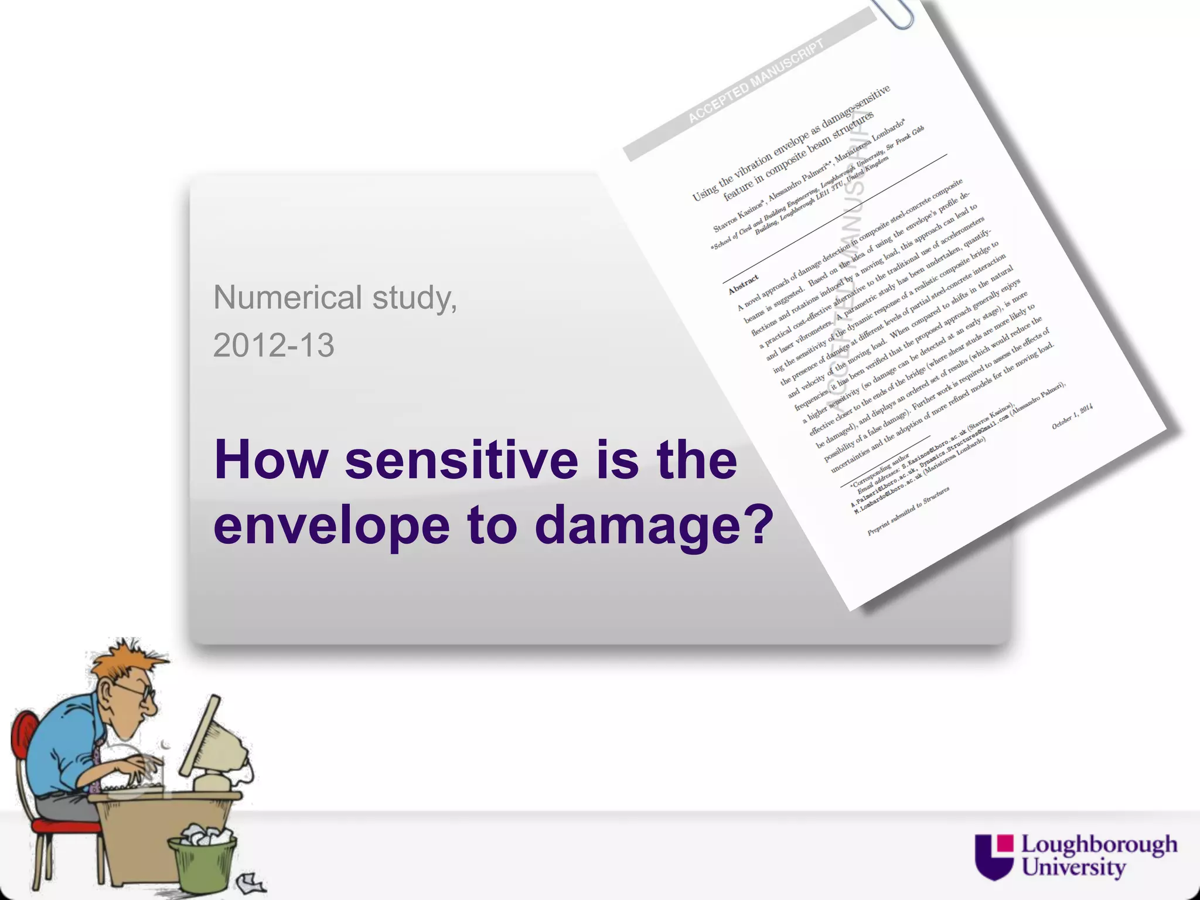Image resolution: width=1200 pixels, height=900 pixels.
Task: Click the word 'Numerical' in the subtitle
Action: click(x=287, y=298)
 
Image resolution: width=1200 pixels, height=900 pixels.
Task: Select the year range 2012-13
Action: click(x=274, y=345)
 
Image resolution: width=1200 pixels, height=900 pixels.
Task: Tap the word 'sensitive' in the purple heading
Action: click(x=462, y=461)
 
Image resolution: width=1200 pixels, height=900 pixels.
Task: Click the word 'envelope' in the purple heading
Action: click(x=332, y=525)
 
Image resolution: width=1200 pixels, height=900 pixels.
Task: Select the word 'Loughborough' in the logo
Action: click(x=1099, y=845)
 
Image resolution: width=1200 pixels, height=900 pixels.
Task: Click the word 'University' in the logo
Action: click(x=1073, y=867)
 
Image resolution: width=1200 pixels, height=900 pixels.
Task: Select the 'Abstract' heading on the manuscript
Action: click(x=743, y=285)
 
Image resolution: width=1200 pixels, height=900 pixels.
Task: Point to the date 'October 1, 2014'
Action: click(x=1072, y=417)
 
